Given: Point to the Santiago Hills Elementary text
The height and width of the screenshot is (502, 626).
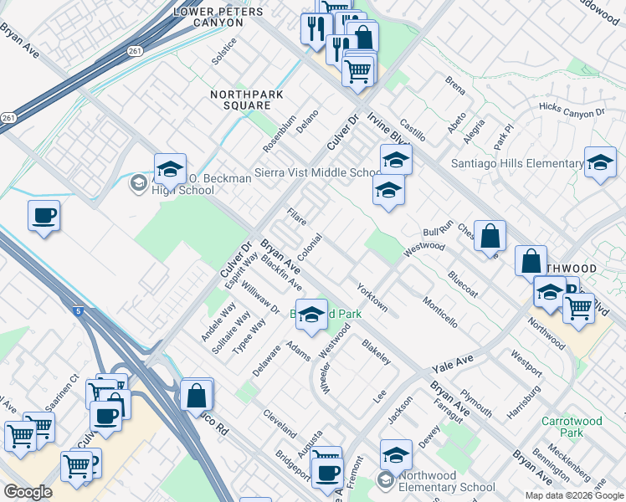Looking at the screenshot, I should (x=517, y=164).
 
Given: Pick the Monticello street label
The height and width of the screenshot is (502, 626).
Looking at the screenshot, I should (x=439, y=311).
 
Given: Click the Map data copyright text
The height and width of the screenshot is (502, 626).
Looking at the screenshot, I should (x=574, y=495).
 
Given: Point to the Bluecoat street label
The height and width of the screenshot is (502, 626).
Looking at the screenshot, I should (x=462, y=283).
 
